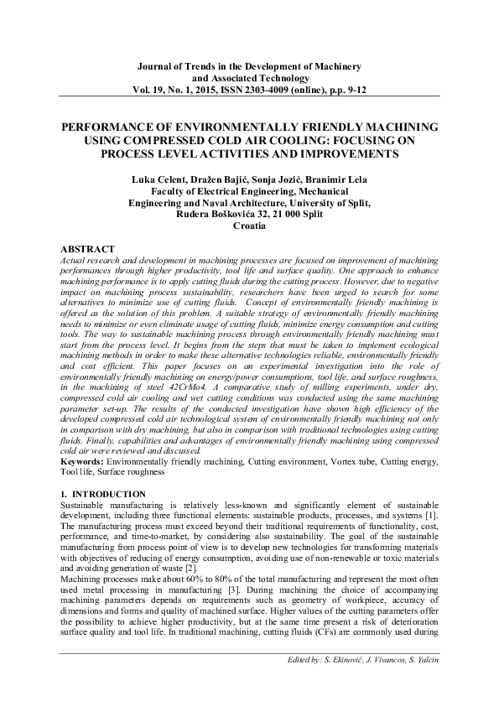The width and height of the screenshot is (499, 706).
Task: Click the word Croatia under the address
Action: [250, 226]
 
